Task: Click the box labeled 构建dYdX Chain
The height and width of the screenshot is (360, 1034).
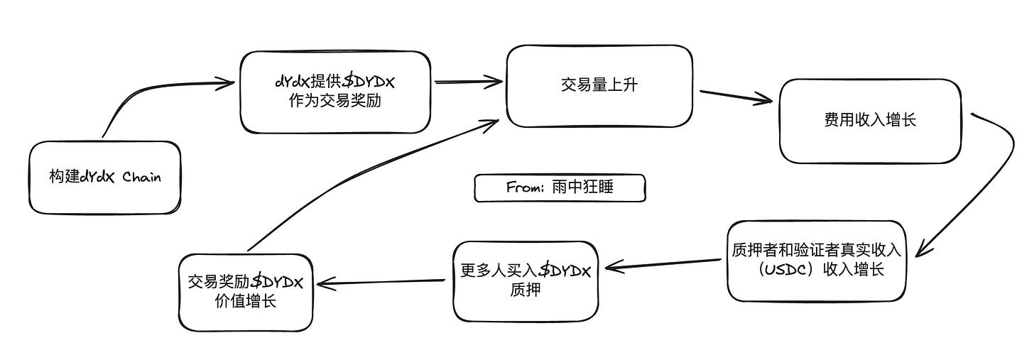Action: point(105,178)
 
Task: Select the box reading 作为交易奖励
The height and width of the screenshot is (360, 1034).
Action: point(335,92)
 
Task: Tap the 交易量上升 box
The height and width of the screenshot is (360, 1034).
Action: point(599,86)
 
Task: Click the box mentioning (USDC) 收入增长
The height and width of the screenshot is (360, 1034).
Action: point(816,261)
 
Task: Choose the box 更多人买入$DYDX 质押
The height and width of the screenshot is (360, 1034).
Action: point(526,280)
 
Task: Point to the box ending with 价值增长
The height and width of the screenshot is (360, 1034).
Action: point(245,292)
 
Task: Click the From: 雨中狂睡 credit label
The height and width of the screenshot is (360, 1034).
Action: point(560,188)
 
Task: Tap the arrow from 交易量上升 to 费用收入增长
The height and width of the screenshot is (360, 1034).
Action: point(735,97)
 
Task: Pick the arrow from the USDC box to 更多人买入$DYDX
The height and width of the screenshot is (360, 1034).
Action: point(664,265)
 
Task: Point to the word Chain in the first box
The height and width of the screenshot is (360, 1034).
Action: point(142,178)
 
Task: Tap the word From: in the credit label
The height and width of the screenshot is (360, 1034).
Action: point(524,188)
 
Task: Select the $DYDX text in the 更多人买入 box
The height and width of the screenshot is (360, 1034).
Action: point(567,271)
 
